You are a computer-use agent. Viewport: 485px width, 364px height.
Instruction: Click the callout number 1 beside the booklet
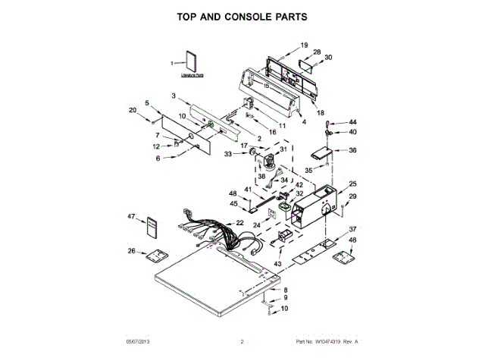[x=172, y=62]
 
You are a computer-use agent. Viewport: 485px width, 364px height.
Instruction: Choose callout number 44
[x=352, y=122]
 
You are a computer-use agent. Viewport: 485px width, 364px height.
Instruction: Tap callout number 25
[x=352, y=184]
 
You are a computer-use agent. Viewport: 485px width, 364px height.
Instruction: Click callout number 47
[x=131, y=217]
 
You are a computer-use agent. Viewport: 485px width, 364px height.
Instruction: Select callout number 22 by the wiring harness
[x=239, y=222]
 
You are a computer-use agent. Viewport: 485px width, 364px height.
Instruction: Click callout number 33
[x=227, y=154]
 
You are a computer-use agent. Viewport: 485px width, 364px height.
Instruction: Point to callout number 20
[x=133, y=111]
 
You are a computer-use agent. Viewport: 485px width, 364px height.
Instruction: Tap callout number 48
[x=233, y=193]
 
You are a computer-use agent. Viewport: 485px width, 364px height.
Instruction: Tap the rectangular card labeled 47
[x=153, y=226]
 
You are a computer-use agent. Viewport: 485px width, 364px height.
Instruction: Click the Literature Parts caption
[x=192, y=77]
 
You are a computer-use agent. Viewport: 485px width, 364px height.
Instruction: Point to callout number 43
[x=277, y=263]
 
